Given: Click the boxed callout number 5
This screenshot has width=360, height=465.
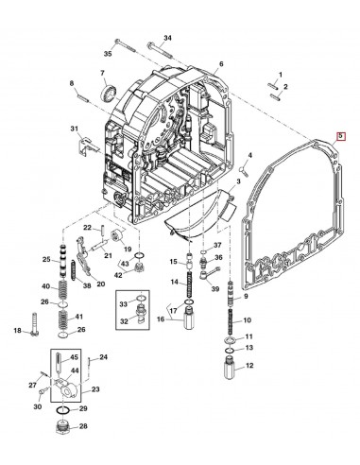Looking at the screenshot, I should pyautogui.click(x=341, y=137).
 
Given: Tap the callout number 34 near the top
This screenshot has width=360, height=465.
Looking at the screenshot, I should pyautogui.click(x=167, y=38).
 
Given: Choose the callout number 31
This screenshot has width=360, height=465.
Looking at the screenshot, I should pyautogui.click(x=75, y=129).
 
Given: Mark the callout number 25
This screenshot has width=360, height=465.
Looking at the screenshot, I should pyautogui.click(x=45, y=259).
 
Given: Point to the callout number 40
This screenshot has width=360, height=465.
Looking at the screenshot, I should pyautogui.click(x=45, y=286).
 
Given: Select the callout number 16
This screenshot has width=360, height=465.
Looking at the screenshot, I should pyautogui.click(x=160, y=320).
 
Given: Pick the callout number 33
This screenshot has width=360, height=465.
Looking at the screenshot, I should pyautogui.click(x=123, y=304).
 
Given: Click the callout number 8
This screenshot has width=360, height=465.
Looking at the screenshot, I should pyautogui.click(x=70, y=84).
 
